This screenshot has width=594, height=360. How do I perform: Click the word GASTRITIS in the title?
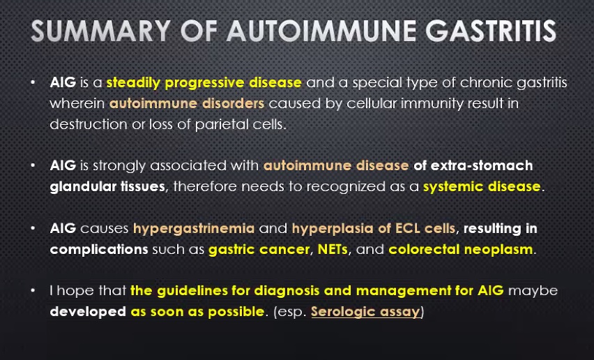(x=491, y=30)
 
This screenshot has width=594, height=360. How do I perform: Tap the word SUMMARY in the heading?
(x=101, y=30)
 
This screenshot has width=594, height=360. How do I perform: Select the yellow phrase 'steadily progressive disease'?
(x=204, y=83)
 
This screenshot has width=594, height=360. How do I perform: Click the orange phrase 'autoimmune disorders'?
(x=187, y=103)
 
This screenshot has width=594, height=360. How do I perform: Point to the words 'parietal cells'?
(x=241, y=125)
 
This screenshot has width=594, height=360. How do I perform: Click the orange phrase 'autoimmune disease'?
(x=336, y=165)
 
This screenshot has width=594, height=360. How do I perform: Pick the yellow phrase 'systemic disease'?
(x=482, y=186)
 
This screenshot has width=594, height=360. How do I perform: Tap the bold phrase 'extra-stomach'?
(x=482, y=165)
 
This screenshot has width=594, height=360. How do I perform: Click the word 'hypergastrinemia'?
(x=194, y=229)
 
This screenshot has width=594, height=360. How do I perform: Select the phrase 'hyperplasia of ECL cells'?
(x=374, y=229)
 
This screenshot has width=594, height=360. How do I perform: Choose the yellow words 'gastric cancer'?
(x=259, y=249)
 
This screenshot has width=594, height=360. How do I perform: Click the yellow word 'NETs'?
(x=333, y=249)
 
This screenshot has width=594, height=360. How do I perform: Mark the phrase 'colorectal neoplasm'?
(x=461, y=249)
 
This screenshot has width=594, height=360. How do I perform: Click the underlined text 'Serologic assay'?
(x=365, y=311)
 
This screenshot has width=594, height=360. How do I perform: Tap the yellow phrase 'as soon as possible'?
(x=197, y=311)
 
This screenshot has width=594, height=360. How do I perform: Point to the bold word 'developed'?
(x=88, y=311)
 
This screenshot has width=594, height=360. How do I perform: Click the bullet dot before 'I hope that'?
(x=33, y=290)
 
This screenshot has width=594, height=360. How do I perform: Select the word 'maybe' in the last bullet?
(x=533, y=291)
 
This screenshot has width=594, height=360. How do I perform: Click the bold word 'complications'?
(x=99, y=250)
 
